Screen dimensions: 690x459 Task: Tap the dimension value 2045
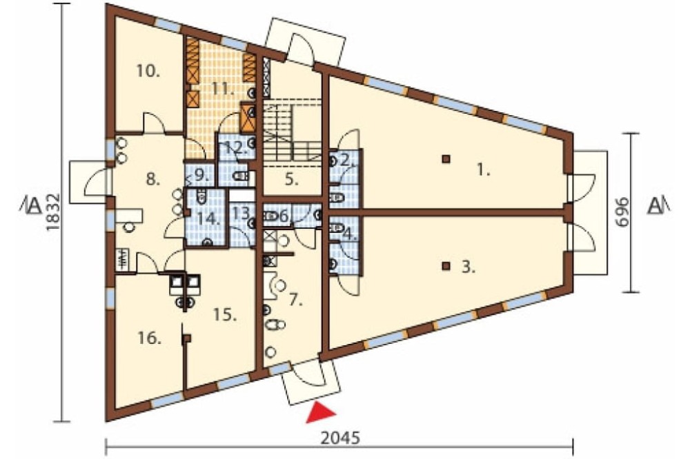340,438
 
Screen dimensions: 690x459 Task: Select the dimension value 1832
52,212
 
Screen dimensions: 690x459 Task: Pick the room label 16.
149,338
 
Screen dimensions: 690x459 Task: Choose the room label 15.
225,314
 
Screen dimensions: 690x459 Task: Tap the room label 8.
152,179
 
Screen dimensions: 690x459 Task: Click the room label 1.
483,170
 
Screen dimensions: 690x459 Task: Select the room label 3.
469,267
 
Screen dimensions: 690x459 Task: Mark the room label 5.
292,179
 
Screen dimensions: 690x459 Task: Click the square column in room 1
446,159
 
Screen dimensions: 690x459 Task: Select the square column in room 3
446,265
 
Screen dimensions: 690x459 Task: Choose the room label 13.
241,213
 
